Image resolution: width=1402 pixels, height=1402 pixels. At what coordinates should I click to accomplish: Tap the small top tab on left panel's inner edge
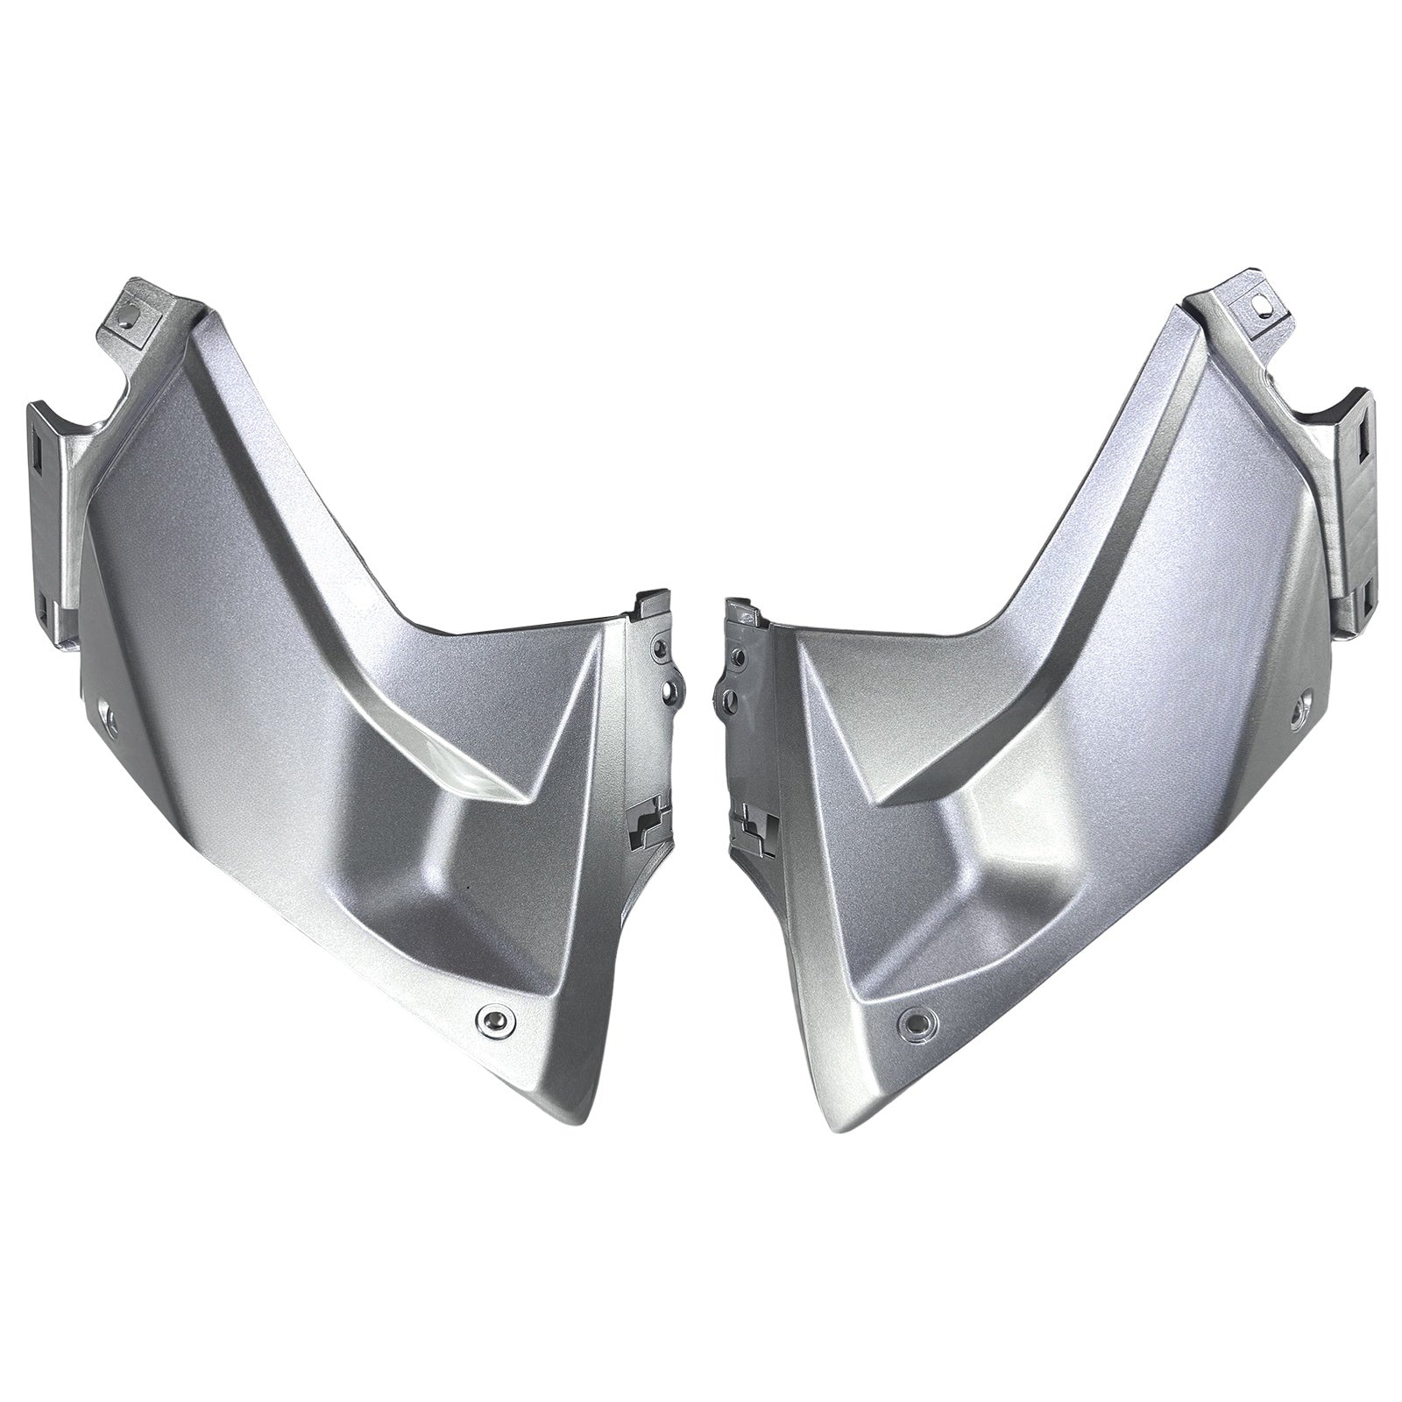650,599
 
